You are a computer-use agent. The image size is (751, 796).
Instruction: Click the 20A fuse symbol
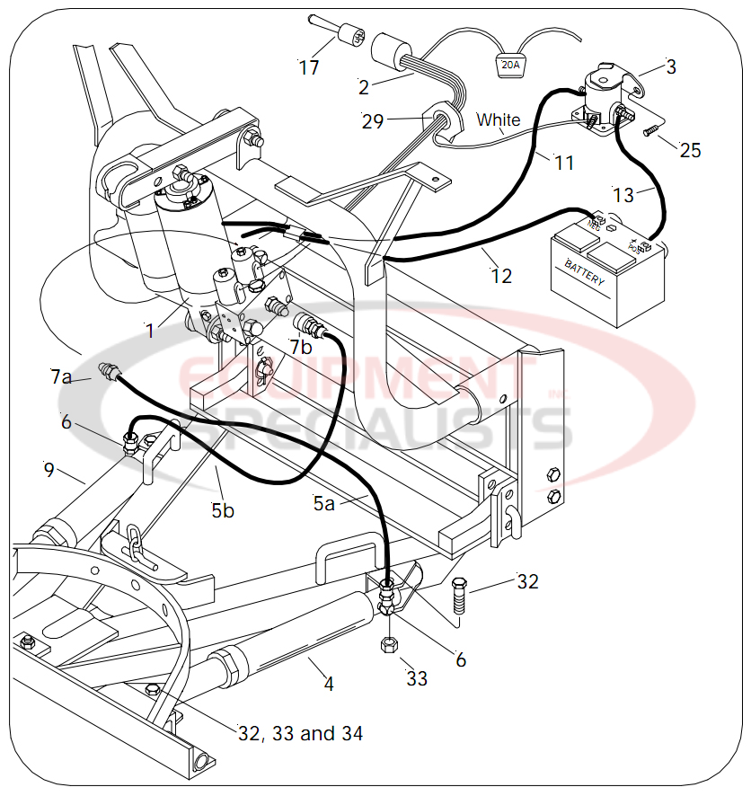(510, 65)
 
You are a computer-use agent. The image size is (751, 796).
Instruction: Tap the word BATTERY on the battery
(585, 272)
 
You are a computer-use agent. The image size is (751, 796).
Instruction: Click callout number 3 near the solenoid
(671, 66)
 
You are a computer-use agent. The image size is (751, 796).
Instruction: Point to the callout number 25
(690, 150)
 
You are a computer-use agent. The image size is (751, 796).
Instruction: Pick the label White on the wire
(498, 119)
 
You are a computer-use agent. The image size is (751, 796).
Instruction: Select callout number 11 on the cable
(563, 163)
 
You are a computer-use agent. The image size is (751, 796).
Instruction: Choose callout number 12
(501, 276)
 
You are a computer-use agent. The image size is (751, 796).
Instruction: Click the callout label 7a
(60, 377)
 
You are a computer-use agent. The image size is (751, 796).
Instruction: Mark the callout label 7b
(301, 346)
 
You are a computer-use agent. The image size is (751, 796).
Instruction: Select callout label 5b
(223, 510)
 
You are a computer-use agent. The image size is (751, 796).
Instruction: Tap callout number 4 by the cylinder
(329, 685)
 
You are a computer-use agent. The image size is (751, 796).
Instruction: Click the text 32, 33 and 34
(300, 734)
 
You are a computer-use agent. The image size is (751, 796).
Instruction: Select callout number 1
(150, 331)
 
